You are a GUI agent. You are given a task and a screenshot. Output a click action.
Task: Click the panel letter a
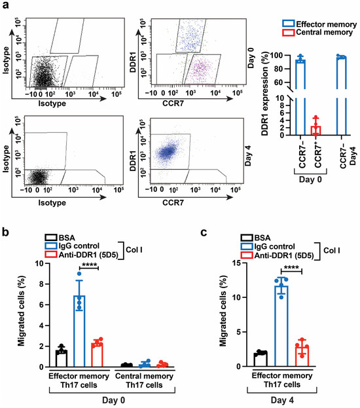[5, 5]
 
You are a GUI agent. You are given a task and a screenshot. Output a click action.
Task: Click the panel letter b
[5, 232]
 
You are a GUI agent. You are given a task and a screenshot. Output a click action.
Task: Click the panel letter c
[204, 232]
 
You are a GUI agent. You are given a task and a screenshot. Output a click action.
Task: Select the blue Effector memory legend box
[288, 24]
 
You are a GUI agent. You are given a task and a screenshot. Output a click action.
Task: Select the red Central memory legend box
[288, 32]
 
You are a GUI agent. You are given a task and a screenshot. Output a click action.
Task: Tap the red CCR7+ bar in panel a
[315, 130]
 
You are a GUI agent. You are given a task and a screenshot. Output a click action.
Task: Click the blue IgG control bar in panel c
[281, 326]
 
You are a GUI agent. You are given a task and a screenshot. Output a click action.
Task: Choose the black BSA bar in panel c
[261, 360]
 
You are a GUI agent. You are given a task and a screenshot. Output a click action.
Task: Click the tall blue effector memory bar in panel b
[79, 331]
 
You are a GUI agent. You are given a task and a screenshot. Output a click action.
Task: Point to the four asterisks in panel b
[89, 265]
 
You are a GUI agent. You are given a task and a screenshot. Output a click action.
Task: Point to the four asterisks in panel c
[291, 267]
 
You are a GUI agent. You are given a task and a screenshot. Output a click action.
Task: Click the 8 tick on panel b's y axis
[42, 284]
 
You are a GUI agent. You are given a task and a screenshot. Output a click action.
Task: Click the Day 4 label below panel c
[282, 400]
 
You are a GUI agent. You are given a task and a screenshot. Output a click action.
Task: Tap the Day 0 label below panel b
[113, 400]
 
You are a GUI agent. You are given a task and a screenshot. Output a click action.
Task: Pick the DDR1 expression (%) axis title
[265, 94]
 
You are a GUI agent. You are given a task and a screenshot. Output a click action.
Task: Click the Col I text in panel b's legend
[134, 250]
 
